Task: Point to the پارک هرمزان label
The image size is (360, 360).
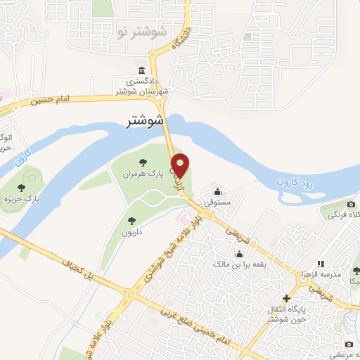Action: [x=143, y=174]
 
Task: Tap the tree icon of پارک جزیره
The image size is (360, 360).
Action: [x=22, y=188]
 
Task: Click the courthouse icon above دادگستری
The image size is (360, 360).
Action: [x=143, y=72]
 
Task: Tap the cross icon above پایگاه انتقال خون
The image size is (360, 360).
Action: [x=286, y=298]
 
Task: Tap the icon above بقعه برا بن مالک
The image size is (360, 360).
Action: [x=237, y=253]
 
